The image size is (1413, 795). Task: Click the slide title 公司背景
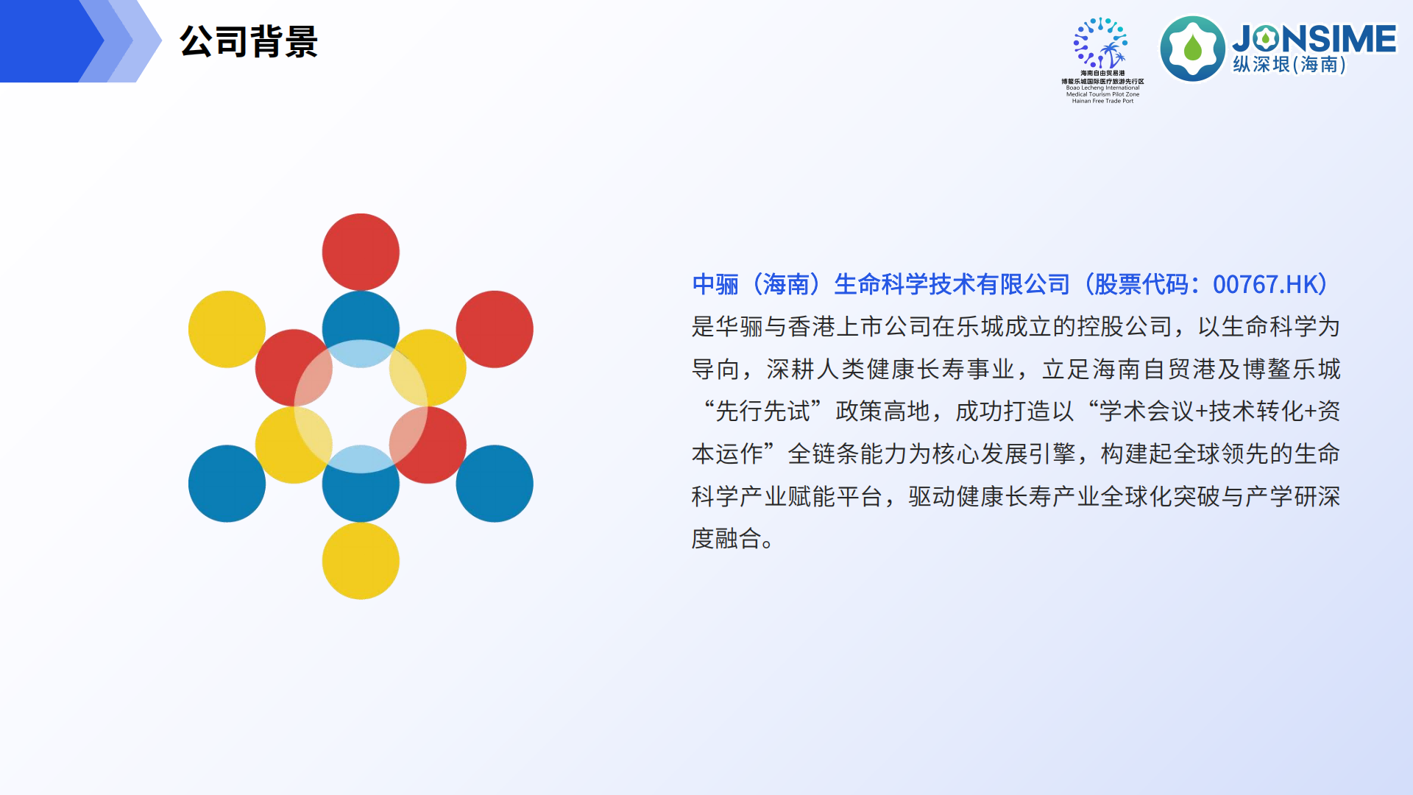coord(249,41)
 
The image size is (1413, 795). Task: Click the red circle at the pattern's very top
coord(361,252)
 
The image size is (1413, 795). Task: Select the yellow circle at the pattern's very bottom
coord(361,561)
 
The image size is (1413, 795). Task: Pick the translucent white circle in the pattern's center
coord(361,406)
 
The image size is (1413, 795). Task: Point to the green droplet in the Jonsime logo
coord(1193,49)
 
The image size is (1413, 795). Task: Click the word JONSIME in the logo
coord(1314,38)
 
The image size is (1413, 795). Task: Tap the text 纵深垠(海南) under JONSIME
coord(1289,65)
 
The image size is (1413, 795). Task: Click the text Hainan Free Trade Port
coord(1102,101)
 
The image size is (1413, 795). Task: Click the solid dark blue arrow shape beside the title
coord(44,41)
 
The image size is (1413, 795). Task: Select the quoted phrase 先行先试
coord(763,411)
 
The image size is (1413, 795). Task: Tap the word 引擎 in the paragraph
coord(1053,454)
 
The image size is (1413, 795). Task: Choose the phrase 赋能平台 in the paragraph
coord(835,497)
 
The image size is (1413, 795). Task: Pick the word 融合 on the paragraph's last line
coord(739,539)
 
